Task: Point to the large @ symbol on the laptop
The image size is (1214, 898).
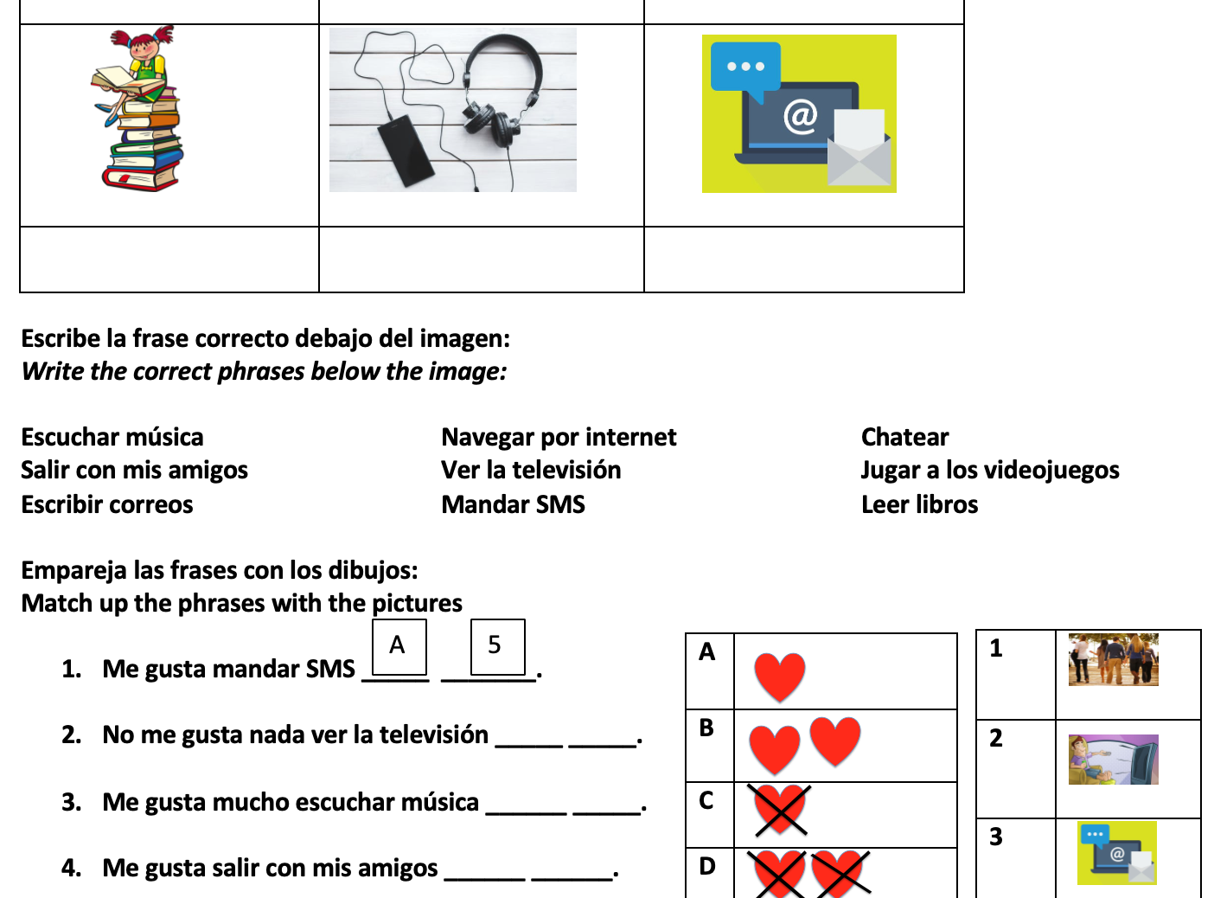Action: point(800,115)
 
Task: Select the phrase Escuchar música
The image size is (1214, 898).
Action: point(112,437)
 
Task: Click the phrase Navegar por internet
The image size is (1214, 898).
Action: point(559,437)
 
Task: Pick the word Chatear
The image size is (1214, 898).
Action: point(904,437)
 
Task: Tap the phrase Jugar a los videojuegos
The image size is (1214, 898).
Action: point(990,470)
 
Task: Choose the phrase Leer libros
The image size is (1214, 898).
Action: point(919,504)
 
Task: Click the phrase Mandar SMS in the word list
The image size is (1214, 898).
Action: point(513,504)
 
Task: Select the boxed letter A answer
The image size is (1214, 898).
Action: point(398,645)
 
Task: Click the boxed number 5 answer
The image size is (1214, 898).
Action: point(495,645)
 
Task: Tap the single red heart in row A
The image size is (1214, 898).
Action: point(779,675)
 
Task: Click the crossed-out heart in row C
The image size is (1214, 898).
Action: point(780,810)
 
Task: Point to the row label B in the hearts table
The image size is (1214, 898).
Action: point(706,728)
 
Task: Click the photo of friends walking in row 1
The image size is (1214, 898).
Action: point(1113,659)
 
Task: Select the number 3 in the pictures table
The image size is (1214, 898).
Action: point(996,837)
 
